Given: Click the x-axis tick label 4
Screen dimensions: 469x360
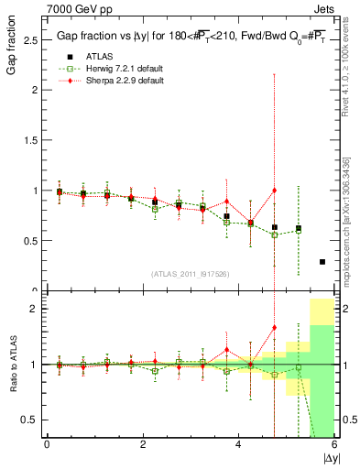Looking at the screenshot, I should [238, 445].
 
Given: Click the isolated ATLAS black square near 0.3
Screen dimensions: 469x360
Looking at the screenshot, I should [322, 262].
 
